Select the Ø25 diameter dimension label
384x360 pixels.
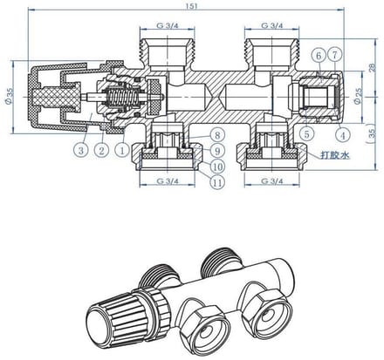[x=359, y=96]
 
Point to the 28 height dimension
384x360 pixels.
[x=373, y=67]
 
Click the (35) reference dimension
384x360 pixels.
[x=372, y=133]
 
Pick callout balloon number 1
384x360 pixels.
[x=121, y=150]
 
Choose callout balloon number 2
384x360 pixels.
[x=101, y=150]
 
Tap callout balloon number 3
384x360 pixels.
[x=81, y=150]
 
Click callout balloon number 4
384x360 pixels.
[x=343, y=135]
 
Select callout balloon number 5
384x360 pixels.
[x=307, y=134]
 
